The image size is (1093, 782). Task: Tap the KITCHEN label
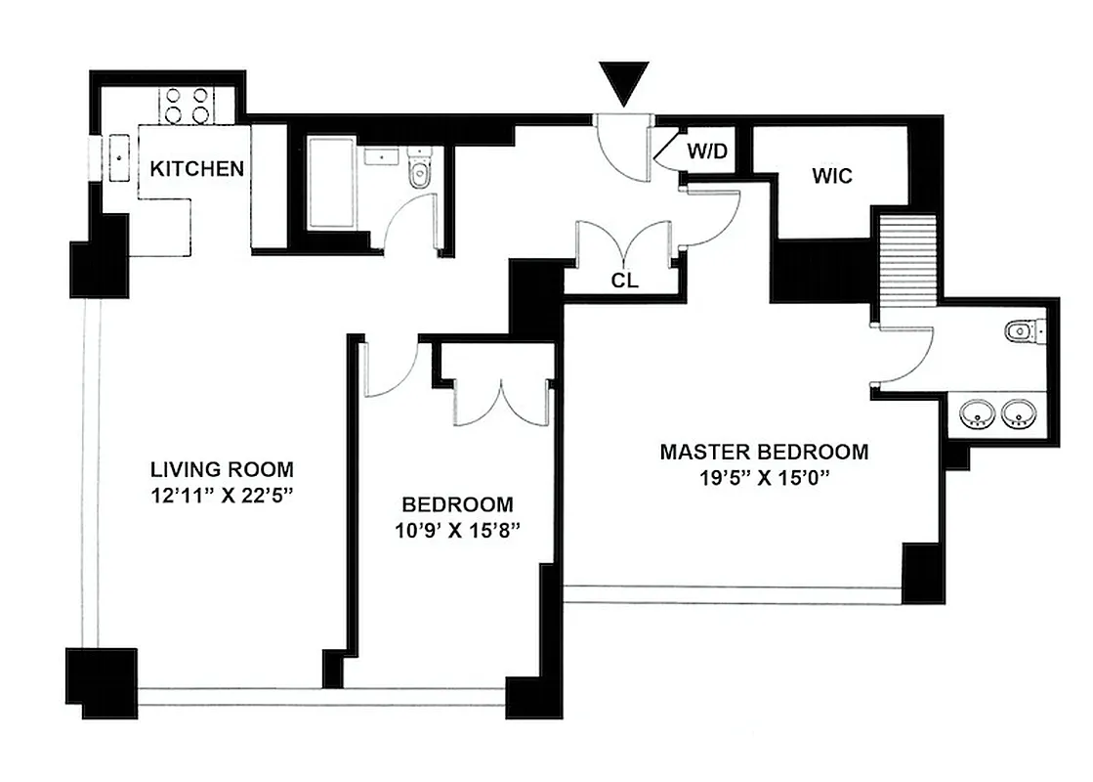click(196, 168)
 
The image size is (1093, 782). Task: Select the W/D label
click(708, 152)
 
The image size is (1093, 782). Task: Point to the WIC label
click(831, 176)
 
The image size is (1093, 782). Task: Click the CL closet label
click(625, 281)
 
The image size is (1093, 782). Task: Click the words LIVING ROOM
click(222, 469)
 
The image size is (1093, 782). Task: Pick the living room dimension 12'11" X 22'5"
click(222, 496)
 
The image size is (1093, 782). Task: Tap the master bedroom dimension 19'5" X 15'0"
click(763, 478)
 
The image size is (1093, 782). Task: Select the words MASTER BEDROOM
click(763, 452)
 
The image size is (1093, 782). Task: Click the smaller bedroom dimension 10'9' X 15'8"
click(458, 531)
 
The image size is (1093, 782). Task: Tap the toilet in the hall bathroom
click(420, 171)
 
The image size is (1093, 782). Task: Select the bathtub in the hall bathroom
click(332, 183)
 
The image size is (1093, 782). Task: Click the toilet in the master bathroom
click(1022, 331)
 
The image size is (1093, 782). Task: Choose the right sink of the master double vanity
click(1020, 415)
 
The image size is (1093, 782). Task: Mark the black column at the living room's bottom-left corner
click(101, 678)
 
